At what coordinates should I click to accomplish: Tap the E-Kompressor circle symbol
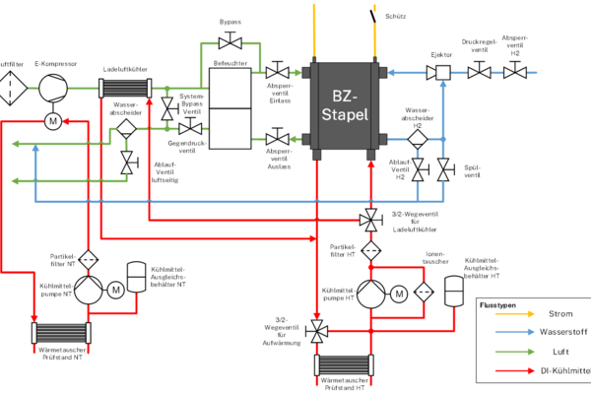pyautogui.click(x=50, y=88)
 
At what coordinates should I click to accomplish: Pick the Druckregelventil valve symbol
pyautogui.click(x=479, y=72)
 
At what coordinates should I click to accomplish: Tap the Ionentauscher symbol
pyautogui.click(x=426, y=293)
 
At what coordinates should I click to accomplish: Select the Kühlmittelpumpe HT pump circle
pyautogui.click(x=371, y=293)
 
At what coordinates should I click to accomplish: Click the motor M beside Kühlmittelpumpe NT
pyautogui.click(x=115, y=290)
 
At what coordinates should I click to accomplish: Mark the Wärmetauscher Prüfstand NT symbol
pyautogui.click(x=61, y=332)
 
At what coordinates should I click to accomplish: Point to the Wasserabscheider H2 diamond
pyautogui.click(x=419, y=139)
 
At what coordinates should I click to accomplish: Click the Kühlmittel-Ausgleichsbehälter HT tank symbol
pyautogui.click(x=454, y=293)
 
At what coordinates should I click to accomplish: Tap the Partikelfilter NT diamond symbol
pyautogui.click(x=87, y=259)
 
